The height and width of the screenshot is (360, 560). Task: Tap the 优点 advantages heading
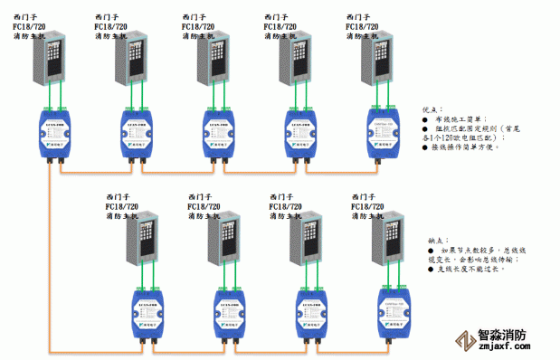coord(433,107)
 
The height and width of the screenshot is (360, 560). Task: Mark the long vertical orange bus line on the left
coord(51,262)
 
